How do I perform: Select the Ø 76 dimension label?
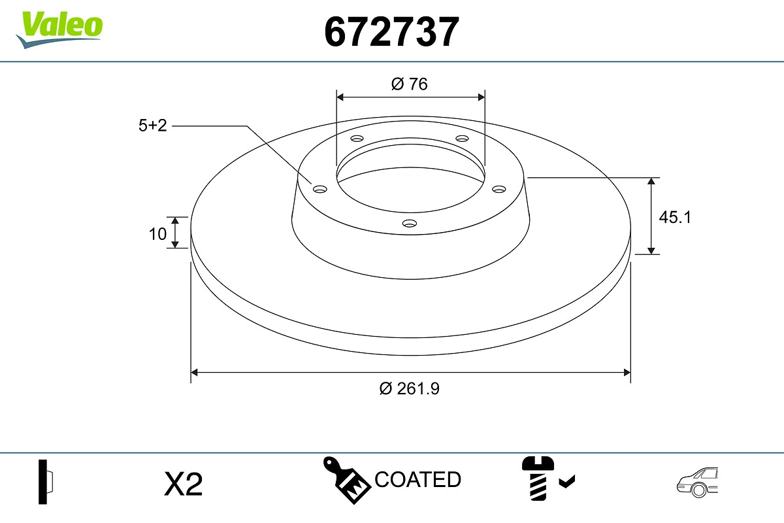point(410,84)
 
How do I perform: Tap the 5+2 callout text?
point(153,126)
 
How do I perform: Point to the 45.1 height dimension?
point(674,217)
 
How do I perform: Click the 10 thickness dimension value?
point(157,233)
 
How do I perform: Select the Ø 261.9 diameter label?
point(410,388)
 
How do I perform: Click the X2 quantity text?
point(184,484)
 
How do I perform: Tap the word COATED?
point(417,480)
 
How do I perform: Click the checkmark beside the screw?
point(567,482)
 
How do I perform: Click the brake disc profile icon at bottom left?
point(46,482)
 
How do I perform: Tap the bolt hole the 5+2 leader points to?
point(319,189)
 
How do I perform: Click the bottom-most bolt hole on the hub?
point(409,223)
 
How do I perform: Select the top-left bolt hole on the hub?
point(357,139)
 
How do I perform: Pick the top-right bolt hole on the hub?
point(462,139)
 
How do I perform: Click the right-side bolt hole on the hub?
point(499,189)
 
